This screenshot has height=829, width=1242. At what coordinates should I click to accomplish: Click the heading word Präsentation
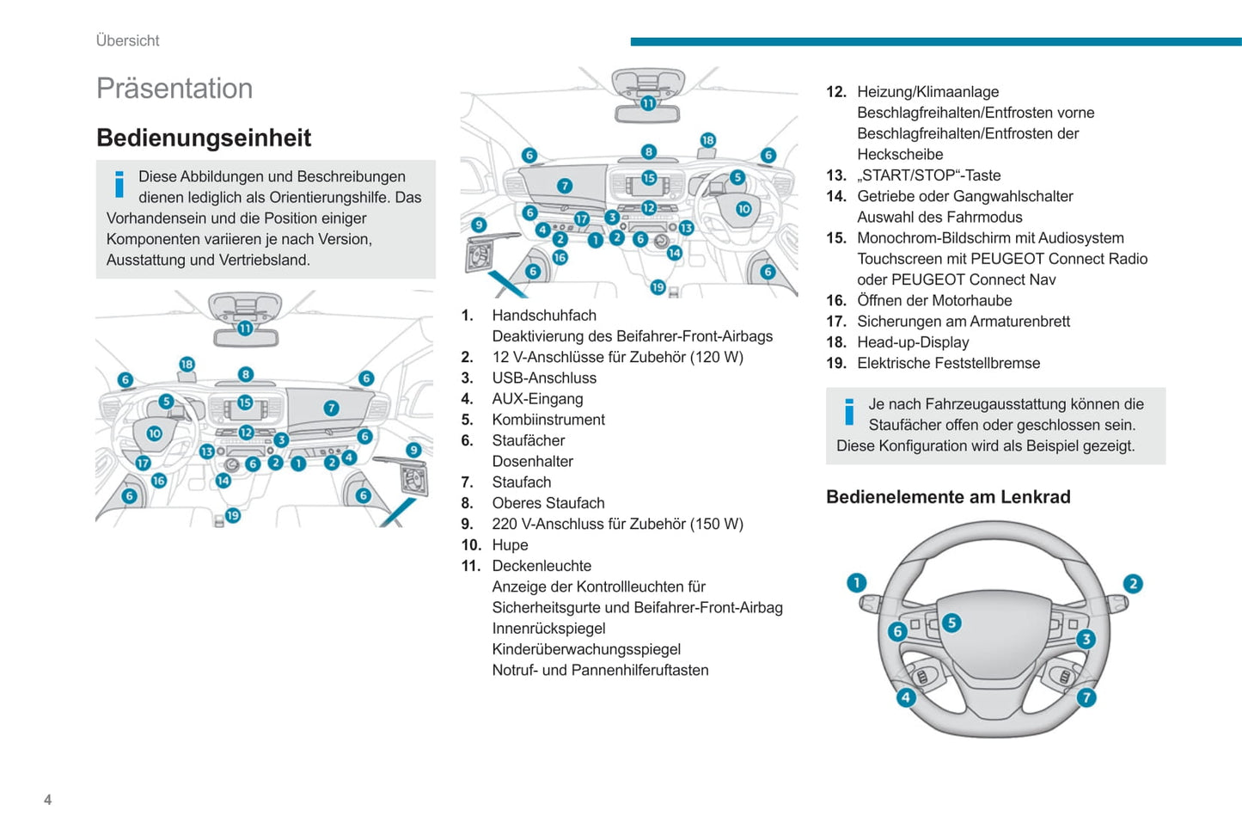[174, 89]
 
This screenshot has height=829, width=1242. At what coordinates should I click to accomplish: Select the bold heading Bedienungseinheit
[204, 138]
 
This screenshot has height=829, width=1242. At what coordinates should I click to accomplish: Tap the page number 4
[47, 800]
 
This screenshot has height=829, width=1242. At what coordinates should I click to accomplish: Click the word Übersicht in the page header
[127, 40]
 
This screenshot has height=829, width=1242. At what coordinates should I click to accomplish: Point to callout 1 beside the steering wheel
[857, 583]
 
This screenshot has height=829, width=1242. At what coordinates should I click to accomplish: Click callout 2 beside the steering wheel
[1133, 584]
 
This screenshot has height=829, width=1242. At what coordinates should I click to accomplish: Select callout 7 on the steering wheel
[1086, 697]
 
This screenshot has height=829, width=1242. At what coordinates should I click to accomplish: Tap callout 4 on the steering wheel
[906, 697]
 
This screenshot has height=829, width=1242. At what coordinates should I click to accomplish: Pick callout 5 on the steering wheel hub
[951, 623]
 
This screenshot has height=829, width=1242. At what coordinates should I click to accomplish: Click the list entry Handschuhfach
[543, 316]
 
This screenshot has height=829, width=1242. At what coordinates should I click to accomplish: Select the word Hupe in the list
[510, 545]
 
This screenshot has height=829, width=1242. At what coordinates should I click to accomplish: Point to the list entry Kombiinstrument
[548, 420]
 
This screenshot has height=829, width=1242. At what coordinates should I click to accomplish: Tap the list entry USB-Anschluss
[544, 378]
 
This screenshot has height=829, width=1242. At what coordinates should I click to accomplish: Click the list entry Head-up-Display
[913, 342]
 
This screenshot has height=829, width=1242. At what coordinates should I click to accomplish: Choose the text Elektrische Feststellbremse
[948, 363]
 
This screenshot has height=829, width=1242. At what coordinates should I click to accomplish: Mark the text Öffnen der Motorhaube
[934, 301]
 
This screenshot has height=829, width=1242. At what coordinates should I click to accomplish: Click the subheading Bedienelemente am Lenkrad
[948, 497]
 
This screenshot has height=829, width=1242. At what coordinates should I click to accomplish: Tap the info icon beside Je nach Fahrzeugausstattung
[849, 412]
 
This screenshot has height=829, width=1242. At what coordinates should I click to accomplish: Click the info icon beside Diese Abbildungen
[119, 184]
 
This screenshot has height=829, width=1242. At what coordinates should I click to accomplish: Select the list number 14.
[835, 196]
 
